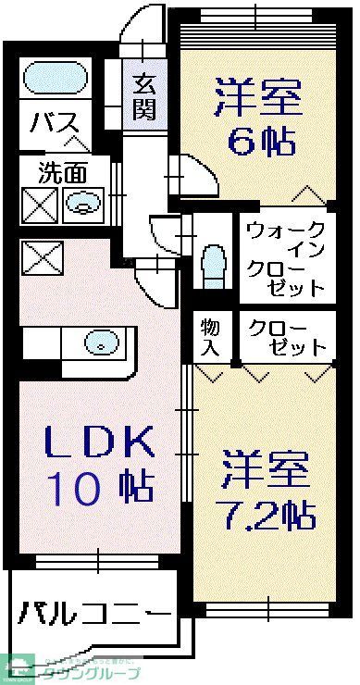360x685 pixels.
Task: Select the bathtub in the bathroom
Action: (51, 77)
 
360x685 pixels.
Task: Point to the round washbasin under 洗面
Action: (85, 203)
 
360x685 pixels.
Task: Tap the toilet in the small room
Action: (213, 263)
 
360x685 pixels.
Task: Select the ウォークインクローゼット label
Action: (286, 258)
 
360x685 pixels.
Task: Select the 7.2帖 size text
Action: (267, 512)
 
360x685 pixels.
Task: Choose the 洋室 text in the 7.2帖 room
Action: (264, 468)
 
